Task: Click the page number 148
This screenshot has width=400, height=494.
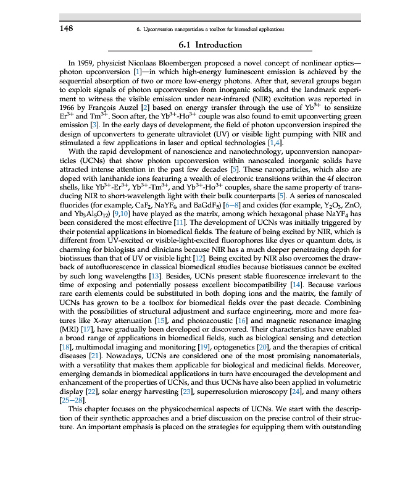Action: (67, 28)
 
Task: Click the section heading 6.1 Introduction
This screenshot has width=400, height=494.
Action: (209, 45)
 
